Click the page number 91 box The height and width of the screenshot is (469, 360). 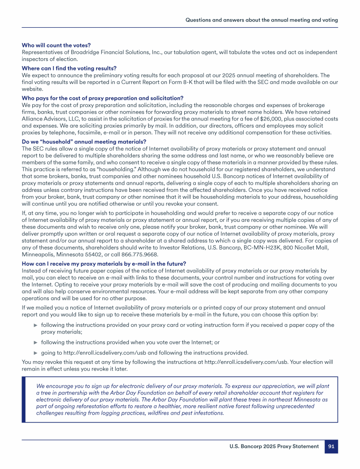point(331,446)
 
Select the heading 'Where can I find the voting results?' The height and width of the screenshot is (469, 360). point(69,68)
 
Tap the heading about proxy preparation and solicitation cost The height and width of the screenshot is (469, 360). point(103,98)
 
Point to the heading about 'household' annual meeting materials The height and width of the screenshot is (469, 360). point(84,142)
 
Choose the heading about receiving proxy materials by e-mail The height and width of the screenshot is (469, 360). point(104,264)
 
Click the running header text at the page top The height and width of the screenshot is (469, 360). point(262,20)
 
